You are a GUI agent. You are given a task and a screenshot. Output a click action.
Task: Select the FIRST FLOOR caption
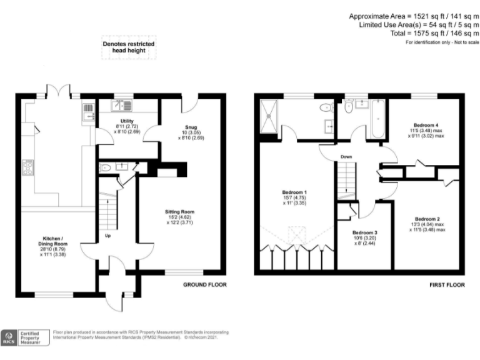447,284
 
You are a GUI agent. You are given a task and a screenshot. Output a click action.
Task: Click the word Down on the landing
347,157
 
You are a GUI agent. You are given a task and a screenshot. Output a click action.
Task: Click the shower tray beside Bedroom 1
270,117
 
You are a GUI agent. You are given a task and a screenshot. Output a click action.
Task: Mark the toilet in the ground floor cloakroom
104,167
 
